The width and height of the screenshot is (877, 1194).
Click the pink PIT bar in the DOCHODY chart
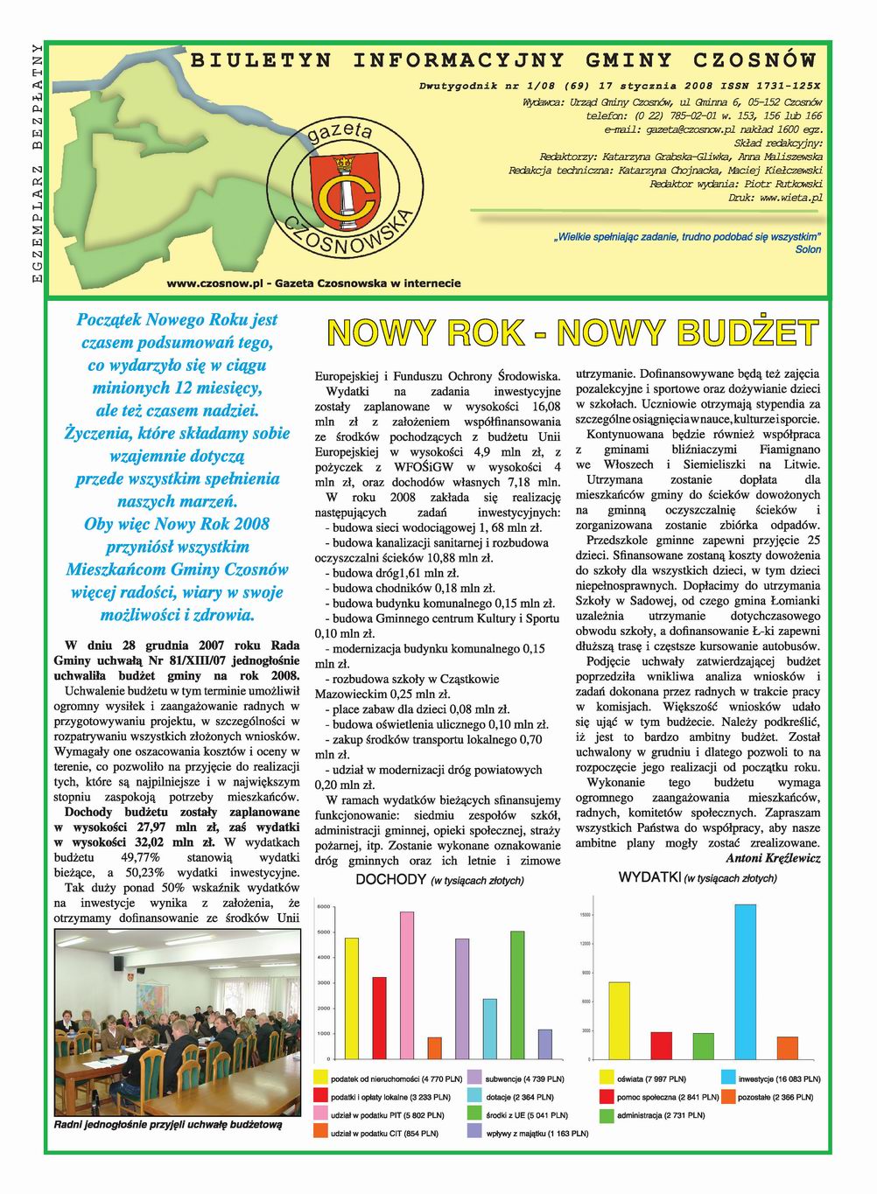tap(407, 985)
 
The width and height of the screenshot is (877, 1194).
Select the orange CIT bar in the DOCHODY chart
tap(435, 1048)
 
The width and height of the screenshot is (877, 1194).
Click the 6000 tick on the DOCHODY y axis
tap(323, 907)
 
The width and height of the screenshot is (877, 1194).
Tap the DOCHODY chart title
tap(391, 880)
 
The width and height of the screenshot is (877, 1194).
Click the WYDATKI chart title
tap(649, 876)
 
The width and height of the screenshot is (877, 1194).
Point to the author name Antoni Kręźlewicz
tap(773, 858)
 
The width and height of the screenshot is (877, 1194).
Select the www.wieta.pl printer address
tap(791, 199)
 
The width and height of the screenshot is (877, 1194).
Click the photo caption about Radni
tap(168, 1125)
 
